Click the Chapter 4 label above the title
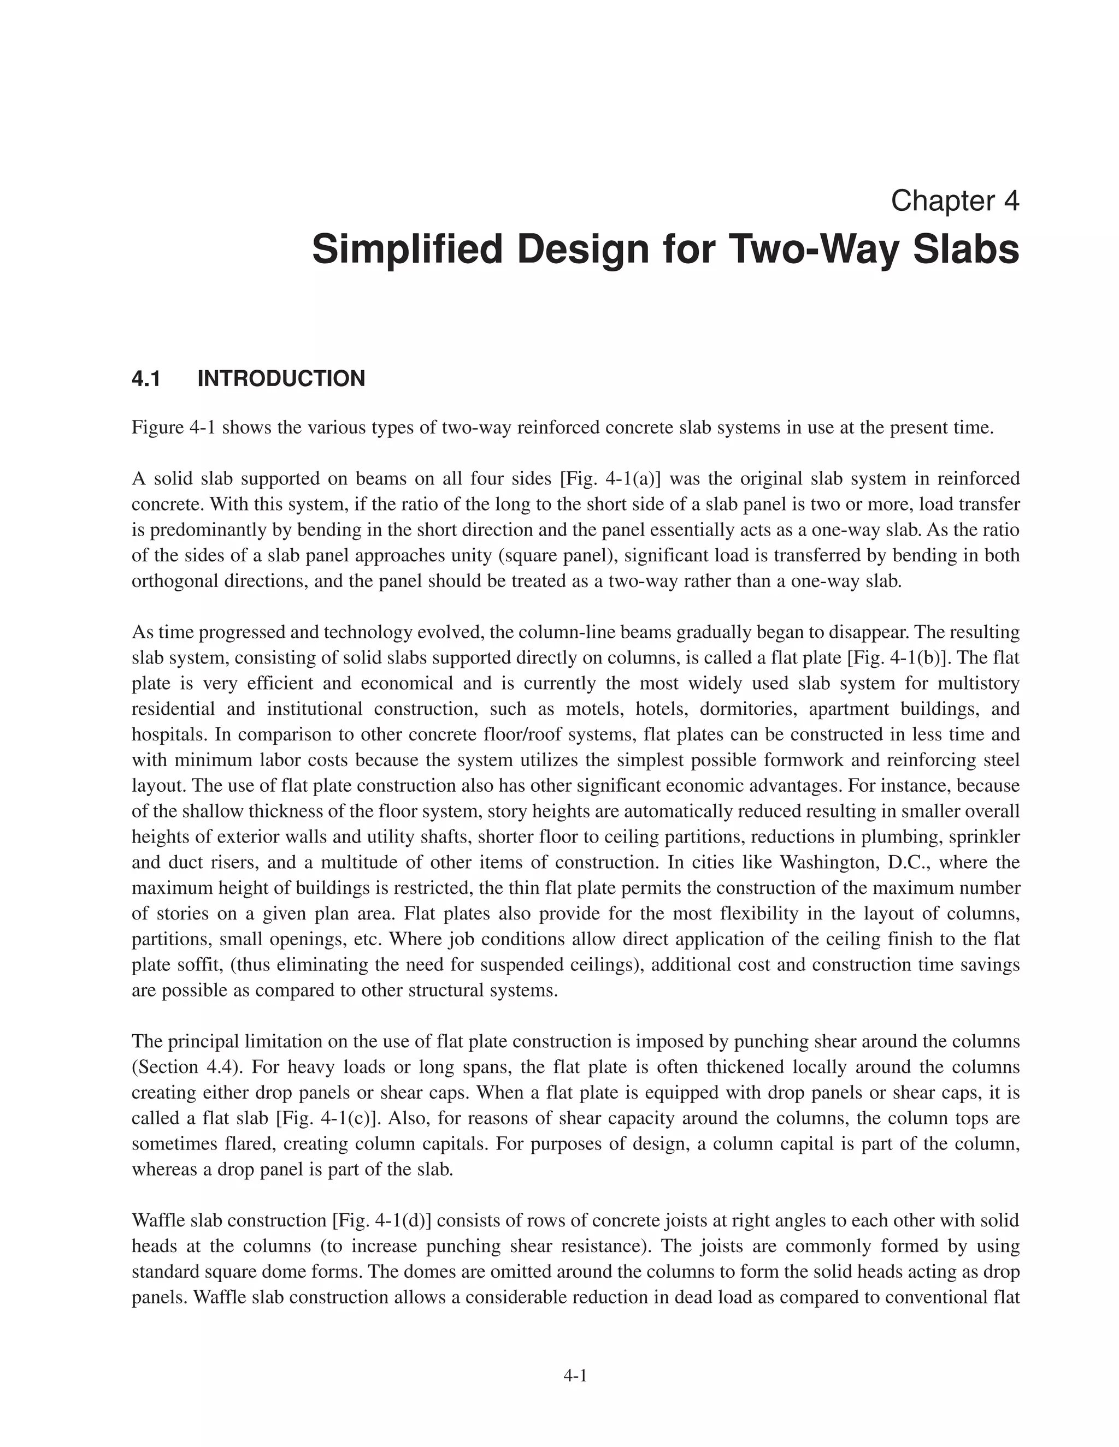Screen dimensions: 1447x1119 click(955, 201)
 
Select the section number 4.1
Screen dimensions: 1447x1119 click(146, 379)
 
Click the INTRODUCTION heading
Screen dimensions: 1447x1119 click(281, 379)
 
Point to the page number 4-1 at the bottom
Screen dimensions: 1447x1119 click(575, 1375)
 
